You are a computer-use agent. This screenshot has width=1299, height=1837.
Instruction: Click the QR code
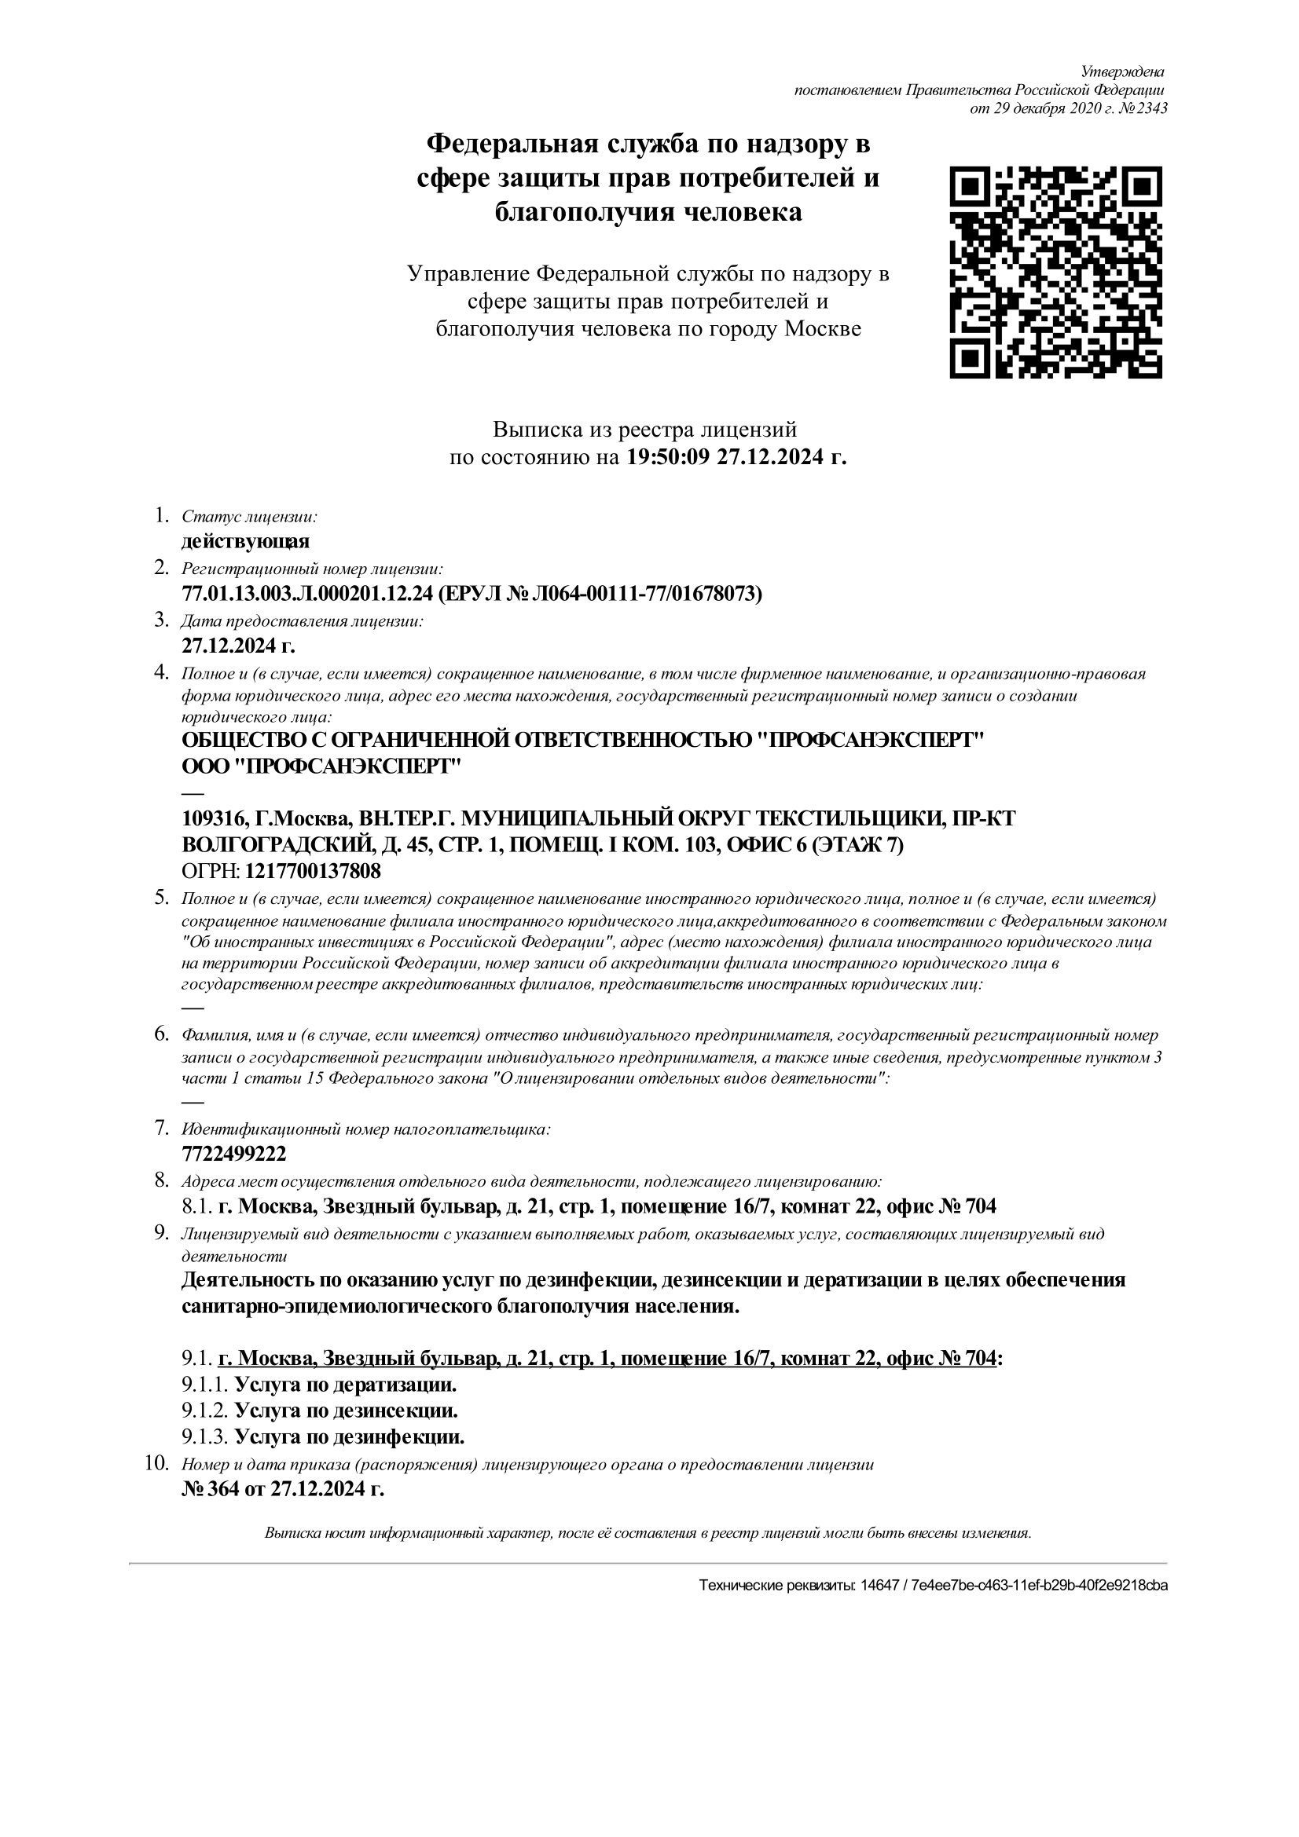click(x=1055, y=272)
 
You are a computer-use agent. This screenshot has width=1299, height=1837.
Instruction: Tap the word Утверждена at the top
click(x=1122, y=72)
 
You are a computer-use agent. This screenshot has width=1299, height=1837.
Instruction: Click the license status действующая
click(x=245, y=542)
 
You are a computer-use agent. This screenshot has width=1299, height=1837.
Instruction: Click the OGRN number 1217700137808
click(x=313, y=870)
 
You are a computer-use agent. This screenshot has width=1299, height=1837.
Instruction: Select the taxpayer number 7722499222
click(x=233, y=1154)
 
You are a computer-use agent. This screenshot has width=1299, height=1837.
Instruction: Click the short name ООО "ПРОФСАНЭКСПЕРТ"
click(x=321, y=767)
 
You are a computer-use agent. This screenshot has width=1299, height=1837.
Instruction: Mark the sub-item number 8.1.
click(x=196, y=1206)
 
